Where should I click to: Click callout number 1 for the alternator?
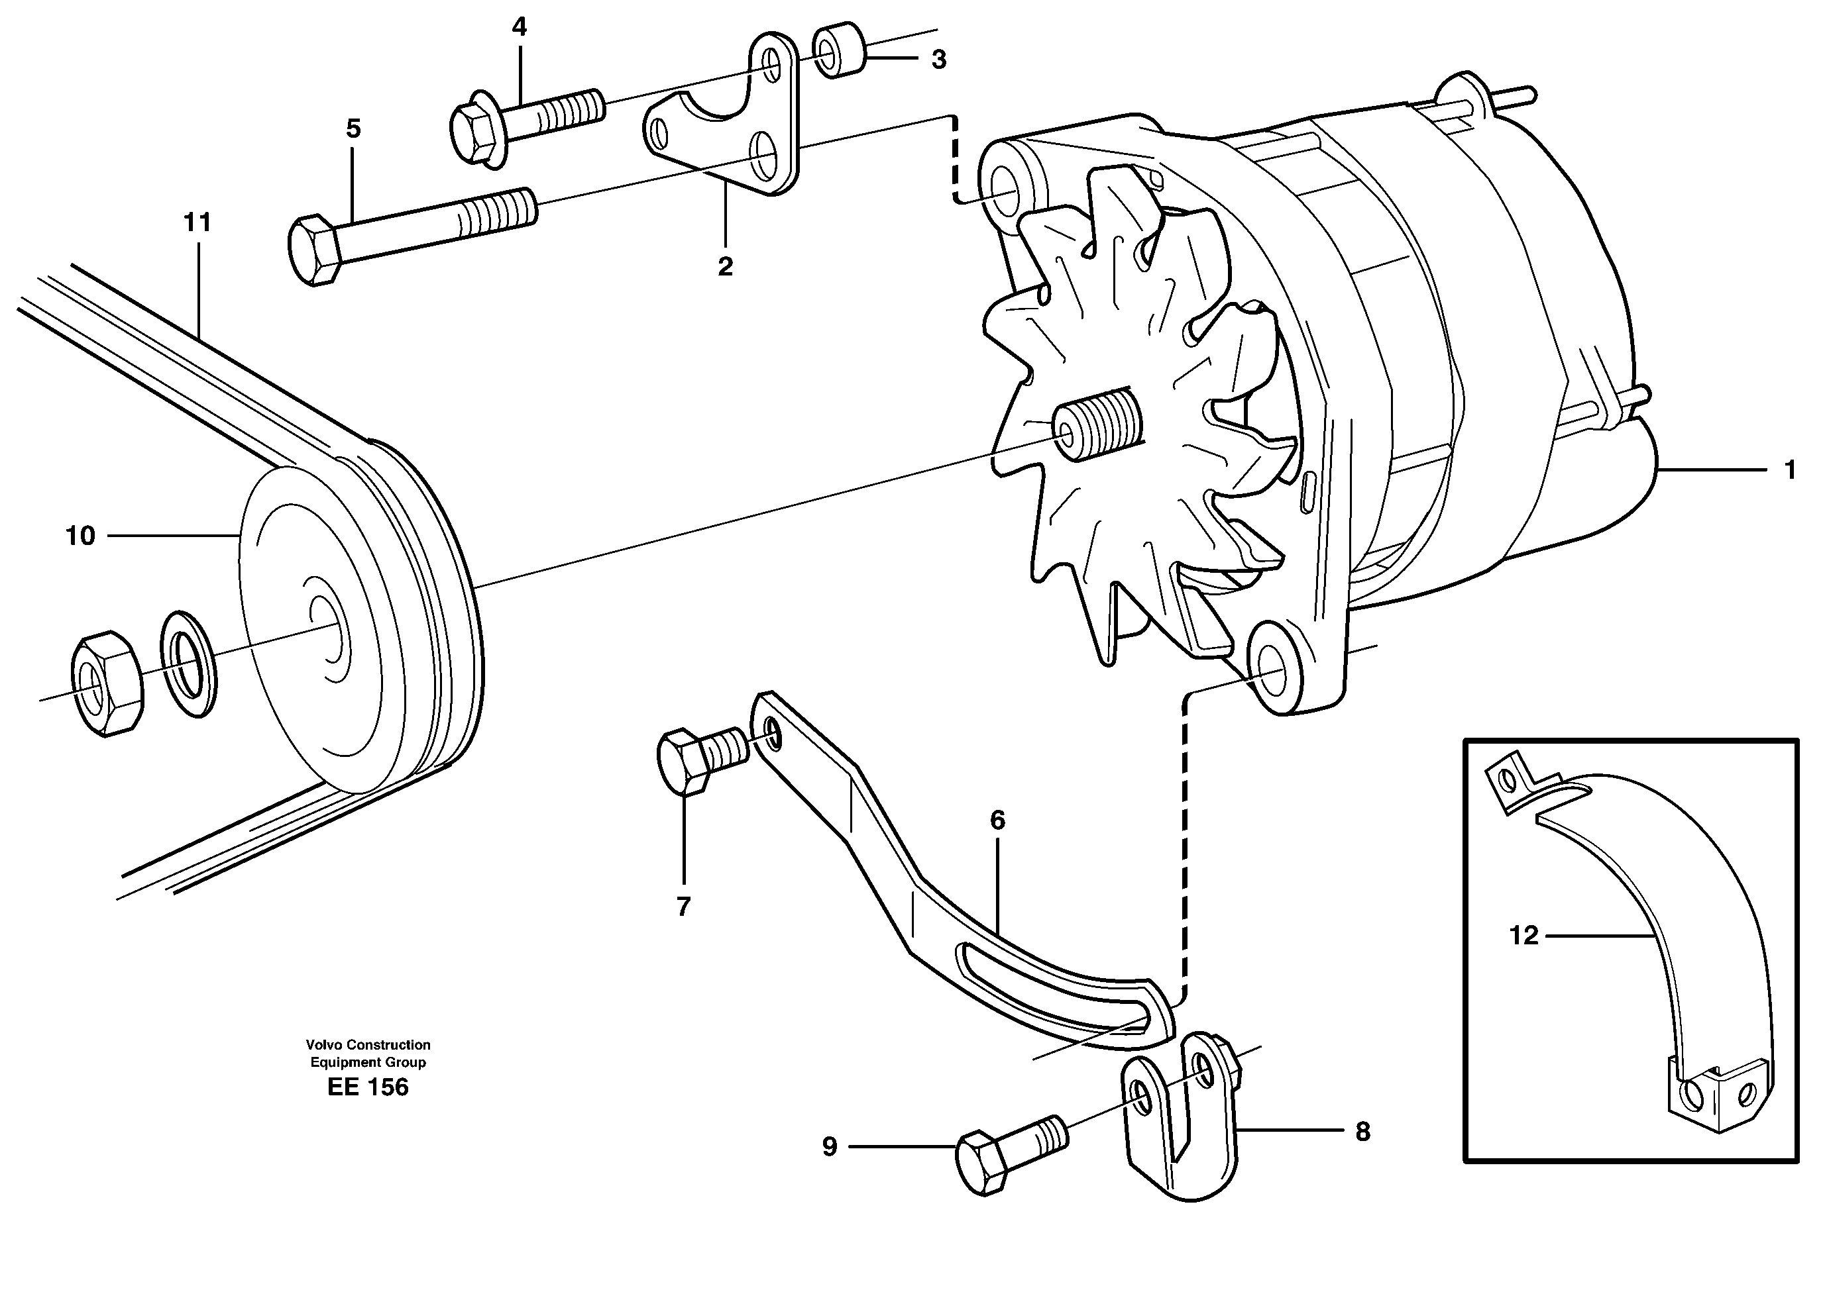tap(1790, 470)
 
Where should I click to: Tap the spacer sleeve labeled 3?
tap(840, 52)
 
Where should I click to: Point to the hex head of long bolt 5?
tap(313, 250)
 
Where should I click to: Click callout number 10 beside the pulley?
tap(80, 536)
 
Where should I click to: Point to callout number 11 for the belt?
tap(197, 223)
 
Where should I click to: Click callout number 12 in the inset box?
tap(1523, 936)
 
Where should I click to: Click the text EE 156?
tap(368, 1087)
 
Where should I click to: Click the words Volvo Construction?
tap(368, 1044)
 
